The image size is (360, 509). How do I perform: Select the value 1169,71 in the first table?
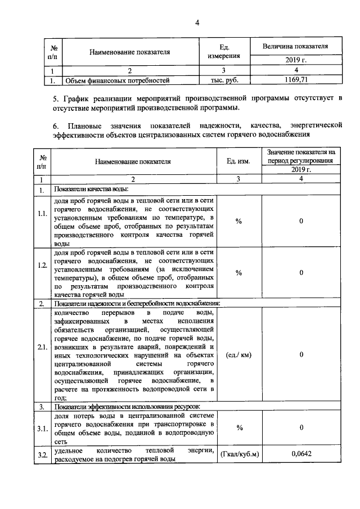click(295, 80)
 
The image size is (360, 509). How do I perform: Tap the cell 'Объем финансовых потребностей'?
click(118, 80)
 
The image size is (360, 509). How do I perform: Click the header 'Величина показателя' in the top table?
click(295, 46)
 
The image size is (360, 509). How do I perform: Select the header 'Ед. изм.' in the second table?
click(238, 161)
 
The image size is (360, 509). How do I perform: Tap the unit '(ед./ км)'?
click(238, 355)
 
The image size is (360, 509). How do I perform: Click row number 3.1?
click(42, 429)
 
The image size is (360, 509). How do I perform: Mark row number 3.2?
click(42, 454)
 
